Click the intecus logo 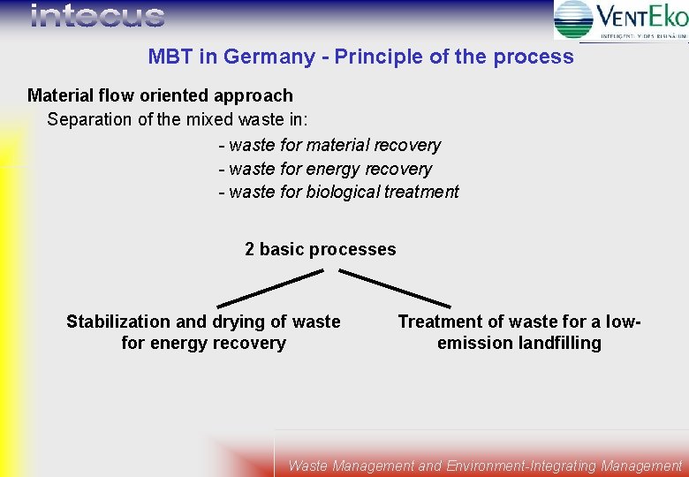coord(97,16)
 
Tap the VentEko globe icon coord(574,19)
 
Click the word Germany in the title coord(269,57)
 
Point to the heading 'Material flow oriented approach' coord(160,95)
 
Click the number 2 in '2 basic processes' coord(250,249)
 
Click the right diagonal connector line coord(395,288)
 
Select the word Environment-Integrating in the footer coord(522,466)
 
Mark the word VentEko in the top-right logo coord(641,17)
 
